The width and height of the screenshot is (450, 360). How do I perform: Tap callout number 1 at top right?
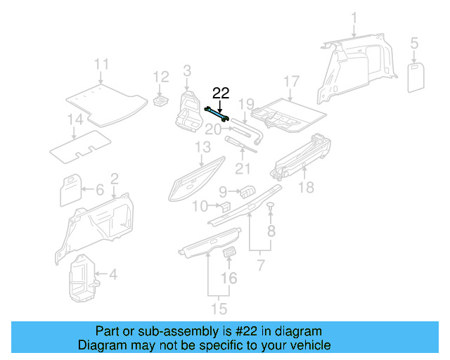(354, 18)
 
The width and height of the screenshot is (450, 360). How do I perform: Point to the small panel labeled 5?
(417, 77)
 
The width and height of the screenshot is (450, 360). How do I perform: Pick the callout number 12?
(161, 76)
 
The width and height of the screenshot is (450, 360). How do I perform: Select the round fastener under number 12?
(161, 102)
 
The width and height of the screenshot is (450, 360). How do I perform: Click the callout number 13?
(202, 147)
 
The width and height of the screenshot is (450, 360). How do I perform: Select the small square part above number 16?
(229, 253)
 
